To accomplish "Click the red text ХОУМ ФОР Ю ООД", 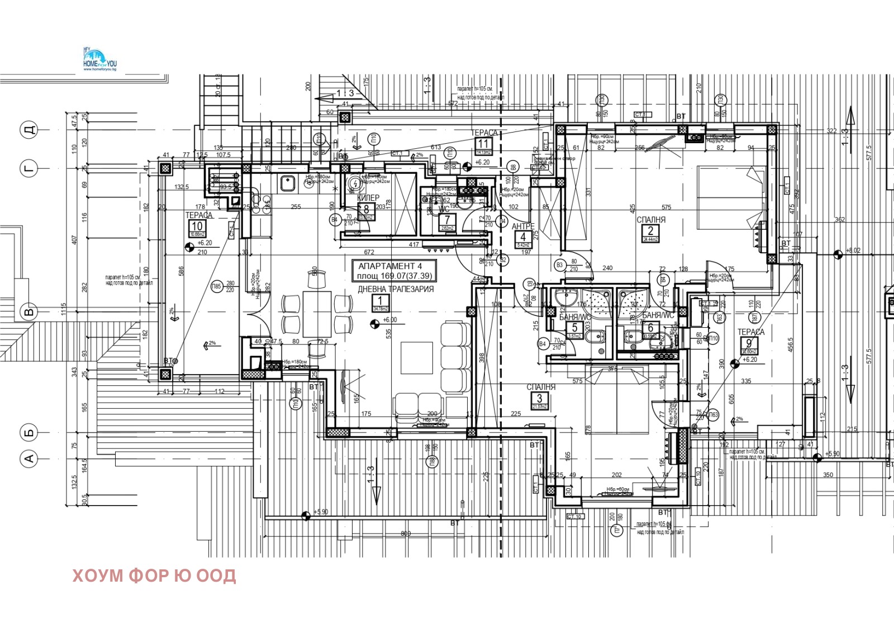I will (154, 576).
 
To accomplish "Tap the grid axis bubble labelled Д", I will (29, 130).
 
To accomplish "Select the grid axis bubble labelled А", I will (29, 459).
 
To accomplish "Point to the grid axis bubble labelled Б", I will (29, 432).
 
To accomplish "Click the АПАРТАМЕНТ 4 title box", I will (394, 271).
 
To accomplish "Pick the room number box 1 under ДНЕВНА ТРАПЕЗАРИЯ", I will (380, 304).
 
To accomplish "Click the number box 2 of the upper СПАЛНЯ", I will (650, 234).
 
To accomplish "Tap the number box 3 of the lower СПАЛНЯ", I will (539, 401).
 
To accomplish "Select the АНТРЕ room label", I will (523, 227).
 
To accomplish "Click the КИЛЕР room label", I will (368, 198).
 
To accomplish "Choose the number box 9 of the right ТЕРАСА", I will (749, 346).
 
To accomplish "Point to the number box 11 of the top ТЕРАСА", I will (483, 147).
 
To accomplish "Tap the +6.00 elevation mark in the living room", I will (389, 320).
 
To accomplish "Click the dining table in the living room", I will (316, 313).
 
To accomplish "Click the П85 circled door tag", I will (216, 286).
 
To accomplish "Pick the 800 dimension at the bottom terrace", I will (406, 534).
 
